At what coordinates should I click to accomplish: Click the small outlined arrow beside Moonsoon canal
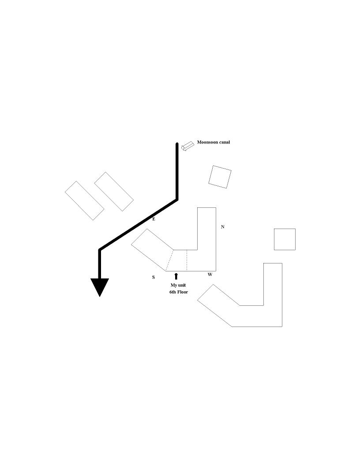click(x=188, y=146)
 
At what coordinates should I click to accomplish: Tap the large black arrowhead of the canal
click(x=100, y=286)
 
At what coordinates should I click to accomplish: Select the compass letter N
click(x=223, y=227)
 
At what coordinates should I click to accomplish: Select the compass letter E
click(x=154, y=219)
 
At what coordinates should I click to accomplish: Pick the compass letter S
click(x=154, y=277)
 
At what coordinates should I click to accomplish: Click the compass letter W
click(x=210, y=274)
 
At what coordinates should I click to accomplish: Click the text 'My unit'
click(x=178, y=286)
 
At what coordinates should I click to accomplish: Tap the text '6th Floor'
click(x=178, y=292)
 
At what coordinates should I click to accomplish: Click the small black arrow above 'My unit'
click(x=176, y=276)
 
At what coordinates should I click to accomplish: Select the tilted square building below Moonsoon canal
click(x=220, y=177)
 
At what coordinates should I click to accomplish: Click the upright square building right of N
click(x=285, y=239)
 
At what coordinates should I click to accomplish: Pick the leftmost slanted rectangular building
click(x=84, y=200)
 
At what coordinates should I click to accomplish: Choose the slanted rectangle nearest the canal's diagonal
click(x=114, y=192)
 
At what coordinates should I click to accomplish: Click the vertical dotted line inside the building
click(x=187, y=260)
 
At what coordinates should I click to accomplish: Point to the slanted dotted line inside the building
click(x=169, y=260)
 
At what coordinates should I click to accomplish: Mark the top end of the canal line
click(x=177, y=144)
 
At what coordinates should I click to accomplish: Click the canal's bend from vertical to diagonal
click(x=177, y=200)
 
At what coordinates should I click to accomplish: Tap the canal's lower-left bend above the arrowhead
click(x=100, y=250)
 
